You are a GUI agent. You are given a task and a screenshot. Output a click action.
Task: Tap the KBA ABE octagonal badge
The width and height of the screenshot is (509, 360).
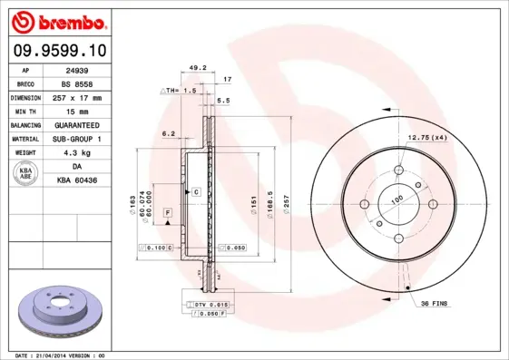(25, 174)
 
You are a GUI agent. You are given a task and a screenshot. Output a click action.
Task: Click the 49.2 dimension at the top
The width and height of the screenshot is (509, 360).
(198, 67)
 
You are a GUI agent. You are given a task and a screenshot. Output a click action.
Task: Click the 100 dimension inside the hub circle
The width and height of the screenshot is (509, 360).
(396, 198)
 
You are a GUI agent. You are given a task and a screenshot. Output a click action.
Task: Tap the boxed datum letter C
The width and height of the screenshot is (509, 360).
(195, 192)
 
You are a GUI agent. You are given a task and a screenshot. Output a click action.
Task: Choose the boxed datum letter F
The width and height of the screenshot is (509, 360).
(168, 212)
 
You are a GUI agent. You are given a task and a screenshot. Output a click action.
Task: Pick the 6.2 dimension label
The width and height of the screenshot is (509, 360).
(168, 133)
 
